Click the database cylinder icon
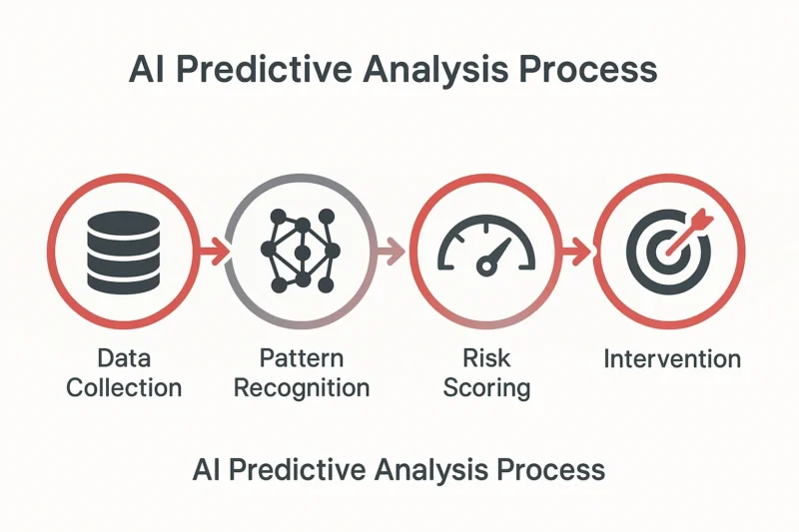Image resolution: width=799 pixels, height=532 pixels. click(123, 253)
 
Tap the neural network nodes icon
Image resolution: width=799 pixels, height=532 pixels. click(302, 251)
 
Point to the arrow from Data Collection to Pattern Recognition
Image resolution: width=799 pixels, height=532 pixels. click(213, 251)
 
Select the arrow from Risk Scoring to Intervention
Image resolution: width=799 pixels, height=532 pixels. click(576, 251)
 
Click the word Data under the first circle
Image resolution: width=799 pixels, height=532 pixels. click(124, 358)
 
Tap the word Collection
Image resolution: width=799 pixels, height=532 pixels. click(124, 388)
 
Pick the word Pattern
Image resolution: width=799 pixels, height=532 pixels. click(302, 358)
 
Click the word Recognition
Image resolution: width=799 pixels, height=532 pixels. click(302, 389)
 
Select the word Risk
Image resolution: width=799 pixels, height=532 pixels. click(486, 358)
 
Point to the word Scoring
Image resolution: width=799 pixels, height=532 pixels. click(486, 389)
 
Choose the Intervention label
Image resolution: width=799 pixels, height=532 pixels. click(672, 359)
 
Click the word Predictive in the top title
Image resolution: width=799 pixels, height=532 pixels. click(264, 69)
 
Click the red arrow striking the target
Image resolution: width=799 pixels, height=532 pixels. click(689, 232)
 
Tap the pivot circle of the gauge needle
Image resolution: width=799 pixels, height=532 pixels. click(486, 266)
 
